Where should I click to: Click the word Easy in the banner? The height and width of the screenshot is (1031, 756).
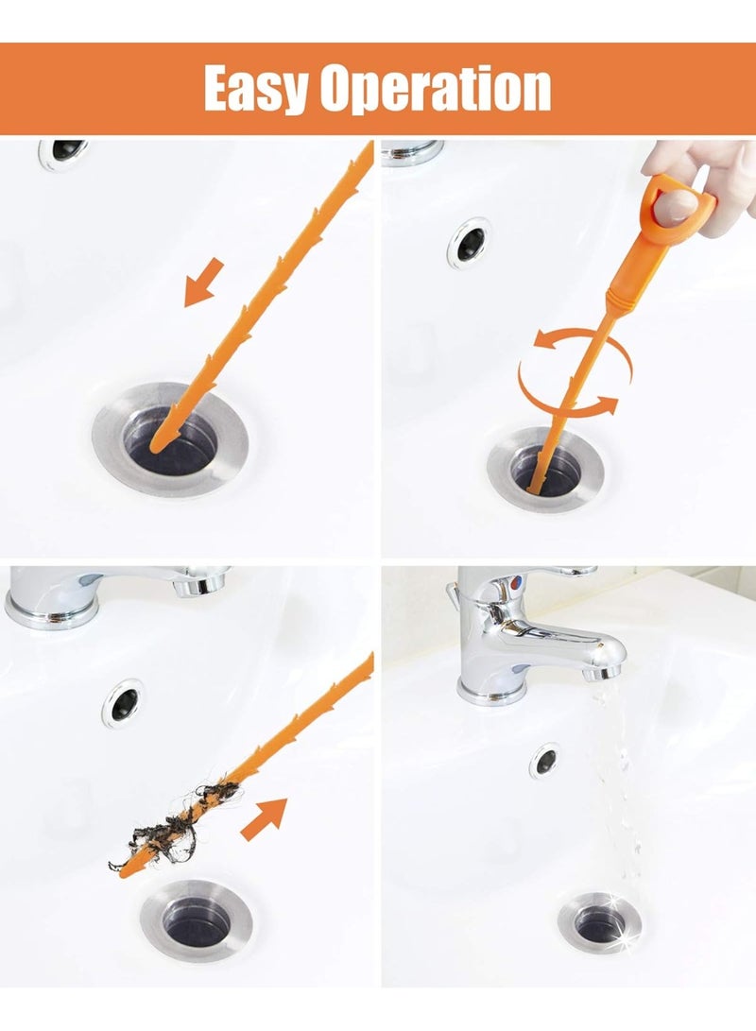[x=255, y=90]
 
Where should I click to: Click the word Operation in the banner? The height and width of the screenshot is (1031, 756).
[x=435, y=90]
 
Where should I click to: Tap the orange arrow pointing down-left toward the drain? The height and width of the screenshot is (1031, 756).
[x=203, y=283]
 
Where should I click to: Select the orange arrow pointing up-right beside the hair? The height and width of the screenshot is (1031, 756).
[x=264, y=818]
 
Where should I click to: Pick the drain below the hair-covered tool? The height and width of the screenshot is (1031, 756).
[x=198, y=921]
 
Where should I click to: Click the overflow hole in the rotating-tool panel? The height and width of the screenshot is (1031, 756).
[x=470, y=243]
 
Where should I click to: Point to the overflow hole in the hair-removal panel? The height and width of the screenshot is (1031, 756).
[x=124, y=702]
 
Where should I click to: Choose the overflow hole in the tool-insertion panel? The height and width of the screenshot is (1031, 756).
[x=63, y=152]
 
